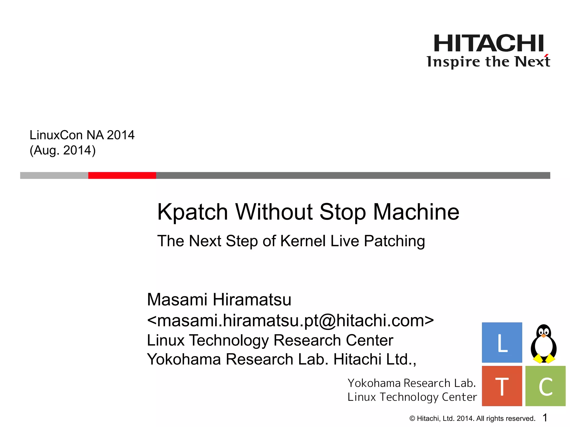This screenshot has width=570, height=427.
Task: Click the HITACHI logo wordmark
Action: click(488, 43)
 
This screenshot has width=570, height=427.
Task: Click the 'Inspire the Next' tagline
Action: click(488, 62)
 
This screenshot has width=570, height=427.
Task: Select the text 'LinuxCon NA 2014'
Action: click(82, 135)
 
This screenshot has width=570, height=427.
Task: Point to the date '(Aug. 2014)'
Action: click(63, 150)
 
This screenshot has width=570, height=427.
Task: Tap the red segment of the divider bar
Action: click(122, 175)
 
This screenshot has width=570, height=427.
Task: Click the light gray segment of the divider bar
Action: click(54, 175)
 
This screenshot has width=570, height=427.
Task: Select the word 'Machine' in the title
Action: click(416, 212)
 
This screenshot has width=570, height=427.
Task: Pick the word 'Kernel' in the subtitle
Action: click(303, 241)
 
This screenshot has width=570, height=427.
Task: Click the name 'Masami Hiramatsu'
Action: click(219, 300)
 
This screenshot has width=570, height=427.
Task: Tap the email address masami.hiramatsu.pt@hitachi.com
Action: click(290, 321)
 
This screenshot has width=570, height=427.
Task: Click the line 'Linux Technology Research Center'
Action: click(270, 340)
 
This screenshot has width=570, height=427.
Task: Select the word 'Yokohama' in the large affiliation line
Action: click(184, 359)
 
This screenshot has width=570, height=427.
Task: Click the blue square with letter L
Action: click(502, 342)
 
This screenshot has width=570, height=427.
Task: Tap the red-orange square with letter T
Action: click(502, 386)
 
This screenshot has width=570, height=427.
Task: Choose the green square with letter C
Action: click(545, 386)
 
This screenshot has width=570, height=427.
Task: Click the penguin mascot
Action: click(544, 344)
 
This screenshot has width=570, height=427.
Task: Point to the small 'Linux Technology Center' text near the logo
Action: click(412, 397)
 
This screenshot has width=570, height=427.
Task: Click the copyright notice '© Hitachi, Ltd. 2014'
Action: click(472, 418)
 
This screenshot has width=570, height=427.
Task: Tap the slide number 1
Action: click(545, 418)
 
